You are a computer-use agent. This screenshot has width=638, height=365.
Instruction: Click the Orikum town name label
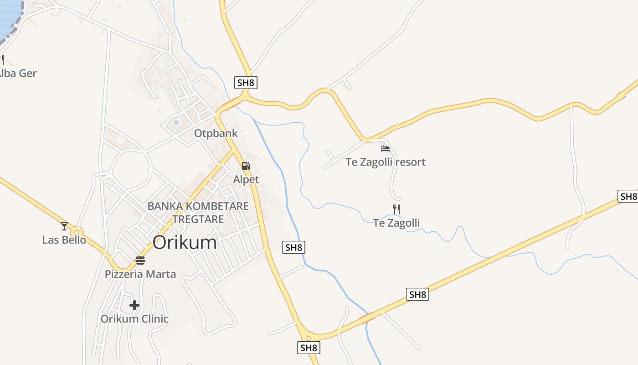click(x=185, y=242)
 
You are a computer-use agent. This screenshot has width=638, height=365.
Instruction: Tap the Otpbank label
click(x=216, y=133)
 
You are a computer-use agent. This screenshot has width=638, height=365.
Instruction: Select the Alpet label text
click(x=246, y=179)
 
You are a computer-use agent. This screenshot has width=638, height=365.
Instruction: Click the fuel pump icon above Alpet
click(x=246, y=166)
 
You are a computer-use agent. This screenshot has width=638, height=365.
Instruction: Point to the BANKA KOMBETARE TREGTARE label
click(x=198, y=213)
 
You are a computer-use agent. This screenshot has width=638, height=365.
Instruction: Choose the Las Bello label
click(x=64, y=240)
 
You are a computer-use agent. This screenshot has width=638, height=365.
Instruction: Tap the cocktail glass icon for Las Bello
click(x=64, y=226)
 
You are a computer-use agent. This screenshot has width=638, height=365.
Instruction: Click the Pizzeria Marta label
click(x=140, y=274)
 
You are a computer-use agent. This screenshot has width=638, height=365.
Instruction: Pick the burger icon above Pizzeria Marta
click(x=140, y=261)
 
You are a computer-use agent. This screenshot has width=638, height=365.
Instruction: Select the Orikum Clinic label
click(x=134, y=319)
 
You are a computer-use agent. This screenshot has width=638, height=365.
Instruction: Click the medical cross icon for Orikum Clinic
click(x=134, y=305)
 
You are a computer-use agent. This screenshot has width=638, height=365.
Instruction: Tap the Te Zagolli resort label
click(x=386, y=162)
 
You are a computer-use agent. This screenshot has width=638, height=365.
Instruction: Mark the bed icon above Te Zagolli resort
click(x=386, y=148)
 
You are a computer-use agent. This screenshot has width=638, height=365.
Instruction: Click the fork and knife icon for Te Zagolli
click(x=396, y=209)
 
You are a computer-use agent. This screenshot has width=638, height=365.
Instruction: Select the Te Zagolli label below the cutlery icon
click(x=396, y=223)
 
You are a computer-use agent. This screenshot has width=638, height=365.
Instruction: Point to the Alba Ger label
click(x=17, y=73)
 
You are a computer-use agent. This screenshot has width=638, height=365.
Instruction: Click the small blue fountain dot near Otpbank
click(x=176, y=122)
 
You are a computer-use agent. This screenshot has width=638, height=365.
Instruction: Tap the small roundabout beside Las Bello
click(x=77, y=232)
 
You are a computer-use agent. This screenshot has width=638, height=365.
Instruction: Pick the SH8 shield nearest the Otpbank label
click(x=246, y=83)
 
